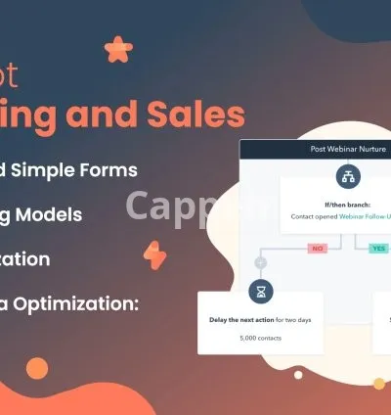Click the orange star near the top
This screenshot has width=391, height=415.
pyautogui.click(x=118, y=47)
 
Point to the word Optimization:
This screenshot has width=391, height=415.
pyautogui.click(x=88, y=303)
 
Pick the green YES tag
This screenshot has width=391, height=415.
pyautogui.click(x=377, y=249)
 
